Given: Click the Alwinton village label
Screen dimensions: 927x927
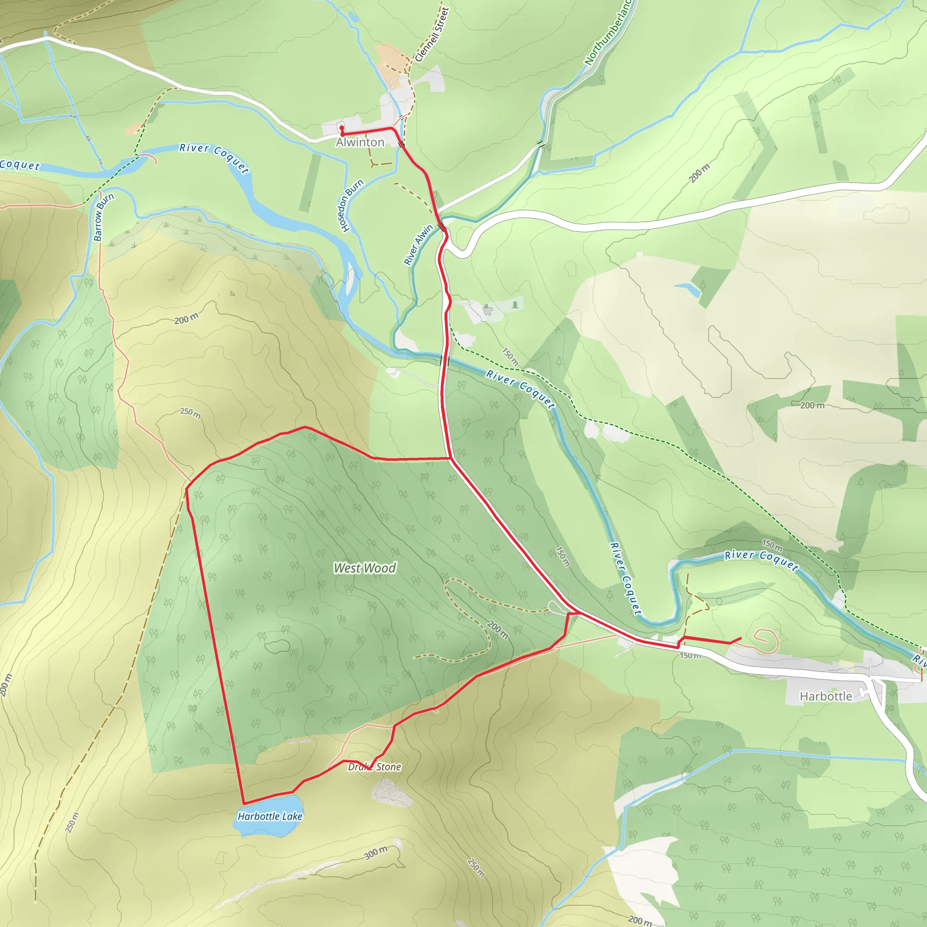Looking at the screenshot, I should tap(360, 143).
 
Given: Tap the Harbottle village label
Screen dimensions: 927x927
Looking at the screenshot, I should tap(826, 696).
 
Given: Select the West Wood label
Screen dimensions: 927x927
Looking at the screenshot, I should tap(365, 568).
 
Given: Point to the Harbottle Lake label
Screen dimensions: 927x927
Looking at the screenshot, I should tap(270, 816).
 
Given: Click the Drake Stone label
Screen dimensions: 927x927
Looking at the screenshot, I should tap(375, 767).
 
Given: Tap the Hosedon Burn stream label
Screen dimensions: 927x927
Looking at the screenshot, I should tap(351, 206).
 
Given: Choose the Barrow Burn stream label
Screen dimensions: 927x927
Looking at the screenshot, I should tap(104, 217).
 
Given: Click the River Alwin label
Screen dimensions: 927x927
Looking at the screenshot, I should tap(418, 245).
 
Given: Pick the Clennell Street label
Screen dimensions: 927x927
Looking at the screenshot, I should tap(431, 34).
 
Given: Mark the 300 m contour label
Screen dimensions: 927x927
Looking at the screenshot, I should tap(375, 853).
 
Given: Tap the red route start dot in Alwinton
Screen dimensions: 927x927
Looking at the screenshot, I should tap(342, 128).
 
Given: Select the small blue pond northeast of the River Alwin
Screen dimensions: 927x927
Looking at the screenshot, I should tap(688, 289).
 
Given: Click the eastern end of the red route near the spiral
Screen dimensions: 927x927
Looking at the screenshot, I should tap(741, 638).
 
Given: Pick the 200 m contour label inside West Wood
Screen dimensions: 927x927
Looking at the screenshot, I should tap(497, 630).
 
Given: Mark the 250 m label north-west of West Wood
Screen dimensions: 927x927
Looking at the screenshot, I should tap(191, 413).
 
